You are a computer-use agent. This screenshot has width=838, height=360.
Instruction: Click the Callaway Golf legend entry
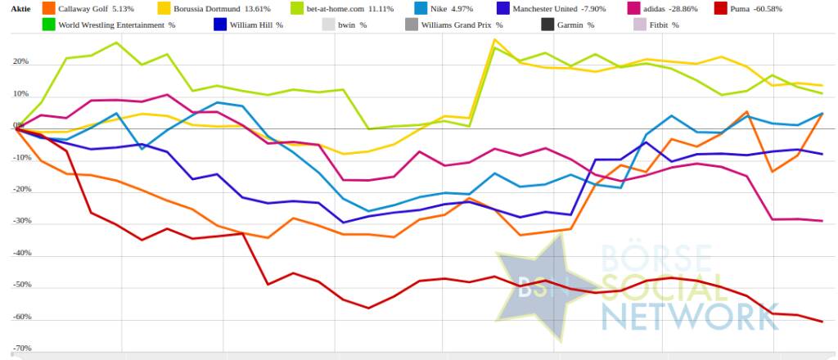tap(88, 8)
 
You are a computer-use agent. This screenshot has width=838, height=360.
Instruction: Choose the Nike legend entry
tap(442, 8)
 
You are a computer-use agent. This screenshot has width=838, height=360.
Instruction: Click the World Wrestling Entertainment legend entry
tap(117, 25)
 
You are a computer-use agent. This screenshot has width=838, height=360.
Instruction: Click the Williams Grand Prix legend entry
tap(461, 25)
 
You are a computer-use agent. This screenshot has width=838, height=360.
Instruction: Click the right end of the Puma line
tap(822, 321)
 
